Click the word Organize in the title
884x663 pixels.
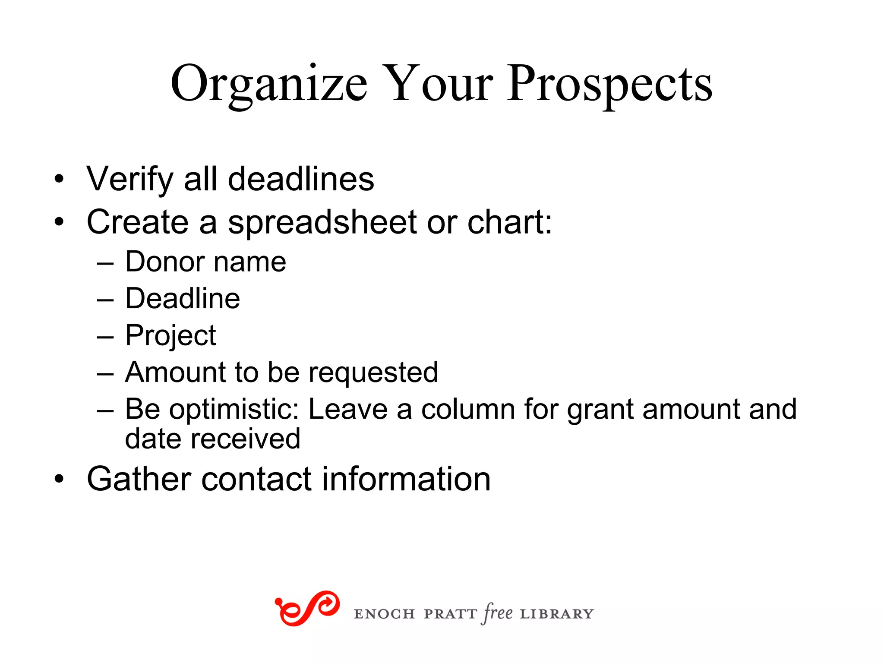pyautogui.click(x=268, y=84)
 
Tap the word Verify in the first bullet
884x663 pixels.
pyautogui.click(x=129, y=179)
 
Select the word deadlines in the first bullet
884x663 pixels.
pyautogui.click(x=301, y=179)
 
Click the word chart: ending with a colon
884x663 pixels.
pyautogui.click(x=510, y=222)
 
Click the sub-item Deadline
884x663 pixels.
pyautogui.click(x=182, y=298)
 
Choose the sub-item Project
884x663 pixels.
pyautogui.click(x=170, y=336)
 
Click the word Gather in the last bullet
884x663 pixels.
pyautogui.click(x=139, y=479)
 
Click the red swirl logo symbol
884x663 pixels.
pyautogui.click(x=307, y=608)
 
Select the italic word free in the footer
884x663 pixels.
pyautogui.click(x=498, y=613)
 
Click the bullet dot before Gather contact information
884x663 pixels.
pyautogui.click(x=59, y=479)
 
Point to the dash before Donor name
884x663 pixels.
pyautogui.click(x=105, y=262)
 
